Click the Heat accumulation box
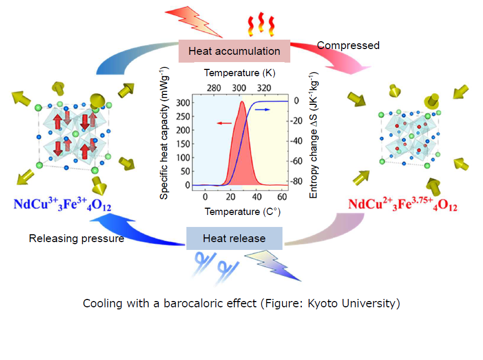234,51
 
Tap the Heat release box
234,238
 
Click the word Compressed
348,45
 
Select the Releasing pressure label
76,238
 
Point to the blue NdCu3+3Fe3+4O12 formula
62,205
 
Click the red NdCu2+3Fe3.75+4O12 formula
403,205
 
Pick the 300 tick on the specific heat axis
183,103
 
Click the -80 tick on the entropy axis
297,181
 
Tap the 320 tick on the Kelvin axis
264,88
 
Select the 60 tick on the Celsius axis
282,197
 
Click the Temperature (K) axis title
240,73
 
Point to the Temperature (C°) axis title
243,212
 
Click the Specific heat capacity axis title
164,133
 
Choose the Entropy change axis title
313,135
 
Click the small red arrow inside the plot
224,123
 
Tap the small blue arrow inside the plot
263,110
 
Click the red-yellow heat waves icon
261,24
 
